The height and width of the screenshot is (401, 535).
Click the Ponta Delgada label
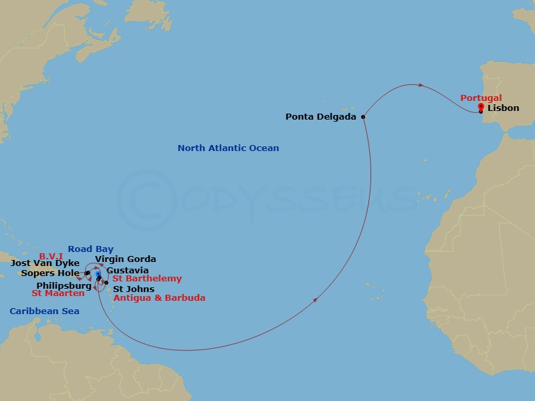click(321, 117)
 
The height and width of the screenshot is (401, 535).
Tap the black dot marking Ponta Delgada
click(363, 117)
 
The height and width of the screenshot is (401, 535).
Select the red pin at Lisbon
click(481, 107)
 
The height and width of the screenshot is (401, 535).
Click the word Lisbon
click(503, 108)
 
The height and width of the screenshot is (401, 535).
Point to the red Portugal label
click(481, 98)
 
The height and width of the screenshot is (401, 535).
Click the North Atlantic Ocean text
click(228, 148)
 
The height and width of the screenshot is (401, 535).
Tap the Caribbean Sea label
click(44, 311)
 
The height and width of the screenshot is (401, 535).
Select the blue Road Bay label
click(90, 249)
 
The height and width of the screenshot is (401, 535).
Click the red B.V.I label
click(51, 256)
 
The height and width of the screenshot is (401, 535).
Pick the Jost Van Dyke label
click(45, 263)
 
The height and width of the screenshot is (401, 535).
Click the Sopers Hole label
click(49, 273)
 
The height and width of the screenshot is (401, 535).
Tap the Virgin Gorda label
click(126, 259)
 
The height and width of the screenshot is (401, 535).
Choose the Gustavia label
click(128, 271)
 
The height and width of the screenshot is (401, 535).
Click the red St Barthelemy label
click(147, 279)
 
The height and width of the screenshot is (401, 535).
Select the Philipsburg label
click(64, 286)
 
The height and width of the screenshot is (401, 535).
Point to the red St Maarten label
click(58, 293)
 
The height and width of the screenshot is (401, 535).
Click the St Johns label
click(134, 289)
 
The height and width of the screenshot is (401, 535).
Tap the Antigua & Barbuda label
click(159, 298)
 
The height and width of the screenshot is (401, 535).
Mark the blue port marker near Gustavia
click(98, 274)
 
